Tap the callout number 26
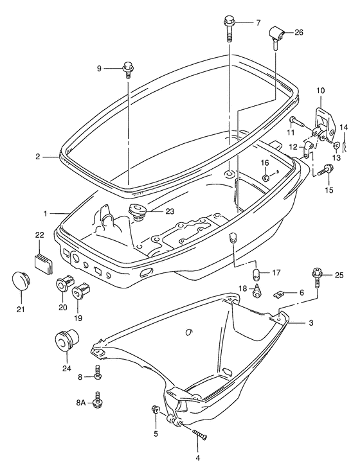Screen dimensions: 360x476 [299, 32]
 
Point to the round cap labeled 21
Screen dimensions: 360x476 [22, 281]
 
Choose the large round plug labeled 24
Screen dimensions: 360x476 [66, 340]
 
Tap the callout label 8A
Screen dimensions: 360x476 [81, 403]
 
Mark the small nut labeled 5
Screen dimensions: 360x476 [155, 410]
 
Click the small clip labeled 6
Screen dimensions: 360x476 [278, 294]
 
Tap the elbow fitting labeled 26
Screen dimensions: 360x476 [276, 37]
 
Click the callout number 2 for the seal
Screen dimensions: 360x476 [38, 157]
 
